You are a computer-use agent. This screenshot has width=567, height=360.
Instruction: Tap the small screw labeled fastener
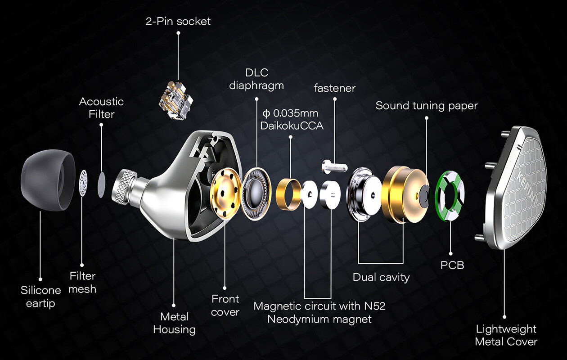tap(335, 166)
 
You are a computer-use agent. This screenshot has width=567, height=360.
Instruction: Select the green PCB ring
tap(450, 195)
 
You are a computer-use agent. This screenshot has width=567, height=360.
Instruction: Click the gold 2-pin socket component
tap(176, 100)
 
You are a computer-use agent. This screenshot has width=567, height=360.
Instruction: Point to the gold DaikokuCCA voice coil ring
tap(288, 194)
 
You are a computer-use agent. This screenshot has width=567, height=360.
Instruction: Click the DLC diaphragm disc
tap(256, 194)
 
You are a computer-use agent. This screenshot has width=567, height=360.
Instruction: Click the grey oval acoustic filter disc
tap(102, 184)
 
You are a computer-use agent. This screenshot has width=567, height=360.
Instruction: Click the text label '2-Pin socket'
tap(178, 22)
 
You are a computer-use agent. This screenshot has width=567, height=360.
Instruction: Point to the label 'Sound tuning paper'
tap(426, 106)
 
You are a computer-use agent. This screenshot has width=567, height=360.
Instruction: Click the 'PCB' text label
tap(452, 265)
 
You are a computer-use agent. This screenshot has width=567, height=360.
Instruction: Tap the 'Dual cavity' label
tap(381, 277)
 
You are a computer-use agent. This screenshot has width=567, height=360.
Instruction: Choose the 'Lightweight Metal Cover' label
tap(506, 335)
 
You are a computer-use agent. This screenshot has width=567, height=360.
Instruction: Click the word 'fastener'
tap(335, 88)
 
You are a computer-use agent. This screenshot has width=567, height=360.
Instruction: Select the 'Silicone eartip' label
tap(40, 297)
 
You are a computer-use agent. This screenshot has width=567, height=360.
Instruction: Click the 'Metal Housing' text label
tap(174, 323)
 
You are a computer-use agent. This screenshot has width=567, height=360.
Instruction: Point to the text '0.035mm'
tap(295, 113)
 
